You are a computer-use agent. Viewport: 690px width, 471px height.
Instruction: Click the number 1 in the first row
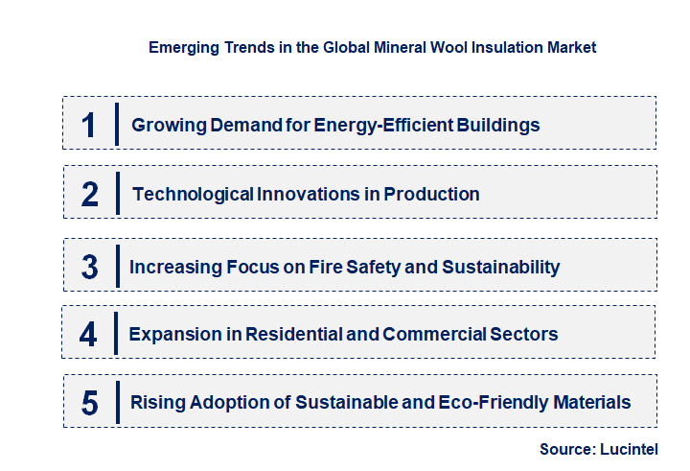(89, 125)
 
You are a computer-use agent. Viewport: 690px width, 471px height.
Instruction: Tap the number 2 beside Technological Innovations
(90, 195)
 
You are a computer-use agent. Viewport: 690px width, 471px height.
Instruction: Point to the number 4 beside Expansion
(89, 335)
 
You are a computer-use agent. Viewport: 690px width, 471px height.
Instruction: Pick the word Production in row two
(431, 194)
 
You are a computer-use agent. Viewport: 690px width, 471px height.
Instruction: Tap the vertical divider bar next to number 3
(117, 266)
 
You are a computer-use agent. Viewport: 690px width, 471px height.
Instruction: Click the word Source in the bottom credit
(568, 448)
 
